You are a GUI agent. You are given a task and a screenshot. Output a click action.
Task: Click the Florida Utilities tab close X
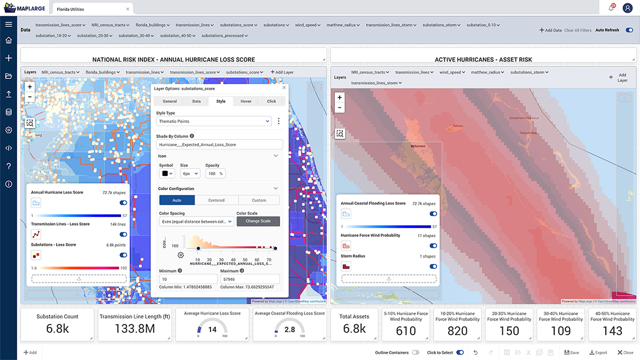pos(127,9)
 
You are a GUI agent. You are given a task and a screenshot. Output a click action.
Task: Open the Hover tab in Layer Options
pos(246,101)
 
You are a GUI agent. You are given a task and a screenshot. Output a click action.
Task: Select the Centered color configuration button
pos(217,200)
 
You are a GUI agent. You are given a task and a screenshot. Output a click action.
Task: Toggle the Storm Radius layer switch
pos(433,266)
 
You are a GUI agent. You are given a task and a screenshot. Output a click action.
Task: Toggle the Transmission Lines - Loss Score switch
pos(124,234)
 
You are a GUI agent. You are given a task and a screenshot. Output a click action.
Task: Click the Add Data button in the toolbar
pos(550,30)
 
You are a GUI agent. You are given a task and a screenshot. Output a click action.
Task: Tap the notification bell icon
pos(611,8)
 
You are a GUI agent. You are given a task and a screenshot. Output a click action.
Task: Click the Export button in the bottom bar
pos(598,353)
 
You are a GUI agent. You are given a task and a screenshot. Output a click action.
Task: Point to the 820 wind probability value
pos(458,331)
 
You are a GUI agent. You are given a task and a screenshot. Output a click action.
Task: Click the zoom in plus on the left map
pos(30,87)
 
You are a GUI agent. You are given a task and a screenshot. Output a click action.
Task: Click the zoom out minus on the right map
pos(340,108)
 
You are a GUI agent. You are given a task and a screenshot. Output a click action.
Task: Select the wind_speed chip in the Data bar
pos(307,25)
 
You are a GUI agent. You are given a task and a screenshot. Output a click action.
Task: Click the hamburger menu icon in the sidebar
pos(9,25)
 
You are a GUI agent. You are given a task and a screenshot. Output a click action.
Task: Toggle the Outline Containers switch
pos(415,353)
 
